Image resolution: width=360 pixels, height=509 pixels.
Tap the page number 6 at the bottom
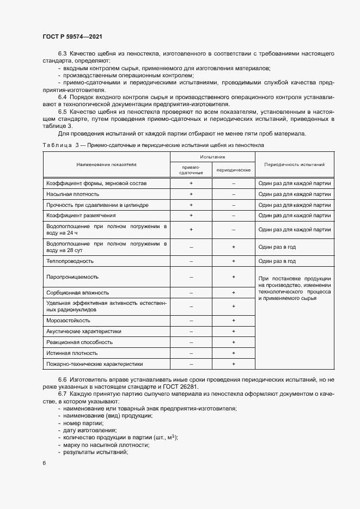(44, 463)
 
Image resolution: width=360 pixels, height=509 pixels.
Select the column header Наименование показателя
(106, 164)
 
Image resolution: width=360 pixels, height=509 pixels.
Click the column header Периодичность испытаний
(294, 164)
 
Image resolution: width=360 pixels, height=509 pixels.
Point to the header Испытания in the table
(212, 156)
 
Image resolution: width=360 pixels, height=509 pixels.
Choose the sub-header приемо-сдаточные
(191, 170)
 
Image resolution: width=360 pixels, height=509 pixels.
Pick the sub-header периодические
(233, 170)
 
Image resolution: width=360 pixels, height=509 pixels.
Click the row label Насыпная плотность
(73, 194)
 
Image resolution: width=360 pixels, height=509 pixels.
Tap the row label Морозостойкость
(69, 320)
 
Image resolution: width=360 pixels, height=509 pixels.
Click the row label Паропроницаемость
(72, 277)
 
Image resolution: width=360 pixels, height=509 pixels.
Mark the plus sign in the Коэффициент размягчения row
(191, 216)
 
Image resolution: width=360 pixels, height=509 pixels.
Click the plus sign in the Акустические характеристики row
(233, 331)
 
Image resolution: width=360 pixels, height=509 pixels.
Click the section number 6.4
(63, 97)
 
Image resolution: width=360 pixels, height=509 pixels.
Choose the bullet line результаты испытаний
(95, 452)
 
